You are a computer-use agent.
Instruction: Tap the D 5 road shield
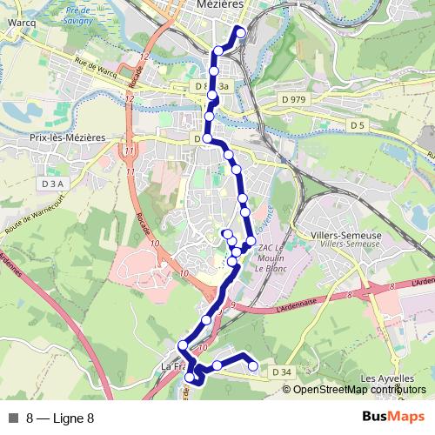click(x=356, y=126)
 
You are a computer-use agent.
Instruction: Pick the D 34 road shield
click(x=280, y=372)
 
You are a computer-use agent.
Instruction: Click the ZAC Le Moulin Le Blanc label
click(x=272, y=258)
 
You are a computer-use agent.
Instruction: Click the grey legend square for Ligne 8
click(x=13, y=418)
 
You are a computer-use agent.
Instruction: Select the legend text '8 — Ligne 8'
click(x=60, y=418)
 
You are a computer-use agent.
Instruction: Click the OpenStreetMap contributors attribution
click(x=360, y=390)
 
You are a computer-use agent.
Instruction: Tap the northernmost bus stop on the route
click(x=240, y=33)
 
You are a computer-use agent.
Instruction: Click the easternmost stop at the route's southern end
click(x=254, y=366)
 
